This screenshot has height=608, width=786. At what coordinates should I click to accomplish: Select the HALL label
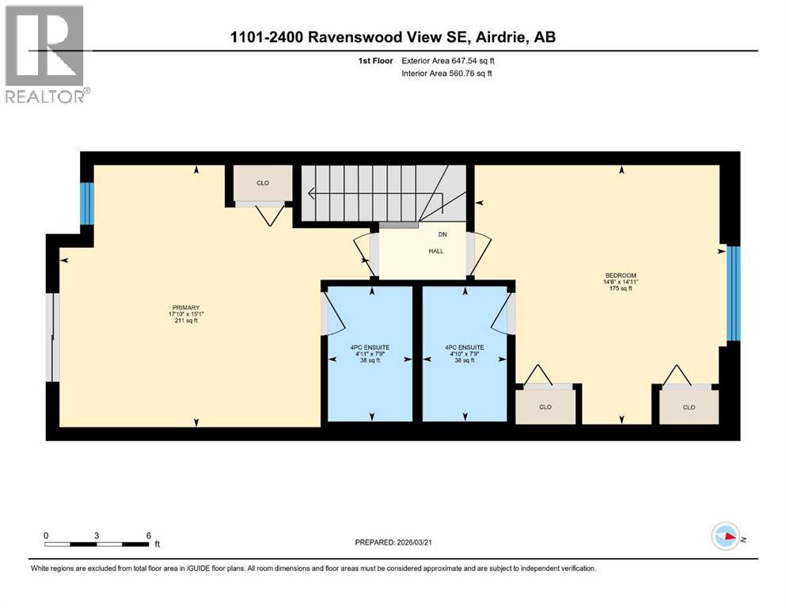pyautogui.click(x=436, y=251)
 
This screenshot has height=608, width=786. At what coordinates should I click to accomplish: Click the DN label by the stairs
pyautogui.click(x=442, y=234)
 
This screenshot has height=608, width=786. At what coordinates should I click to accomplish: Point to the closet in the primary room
pyautogui.click(x=263, y=183)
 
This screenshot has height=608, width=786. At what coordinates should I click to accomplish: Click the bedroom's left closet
pyautogui.click(x=545, y=407)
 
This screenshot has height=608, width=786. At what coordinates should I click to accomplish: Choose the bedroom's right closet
pyautogui.click(x=689, y=407)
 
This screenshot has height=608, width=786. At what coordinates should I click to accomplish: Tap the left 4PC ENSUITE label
pyautogui.click(x=370, y=347)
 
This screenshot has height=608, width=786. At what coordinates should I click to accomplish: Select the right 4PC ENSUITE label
pyautogui.click(x=464, y=347)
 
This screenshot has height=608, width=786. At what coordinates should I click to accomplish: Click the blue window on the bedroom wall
pyautogui.click(x=733, y=293)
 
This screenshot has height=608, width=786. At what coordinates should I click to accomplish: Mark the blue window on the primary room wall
pyautogui.click(x=87, y=203)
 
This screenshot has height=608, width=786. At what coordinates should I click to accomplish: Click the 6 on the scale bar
pyautogui.click(x=147, y=535)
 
